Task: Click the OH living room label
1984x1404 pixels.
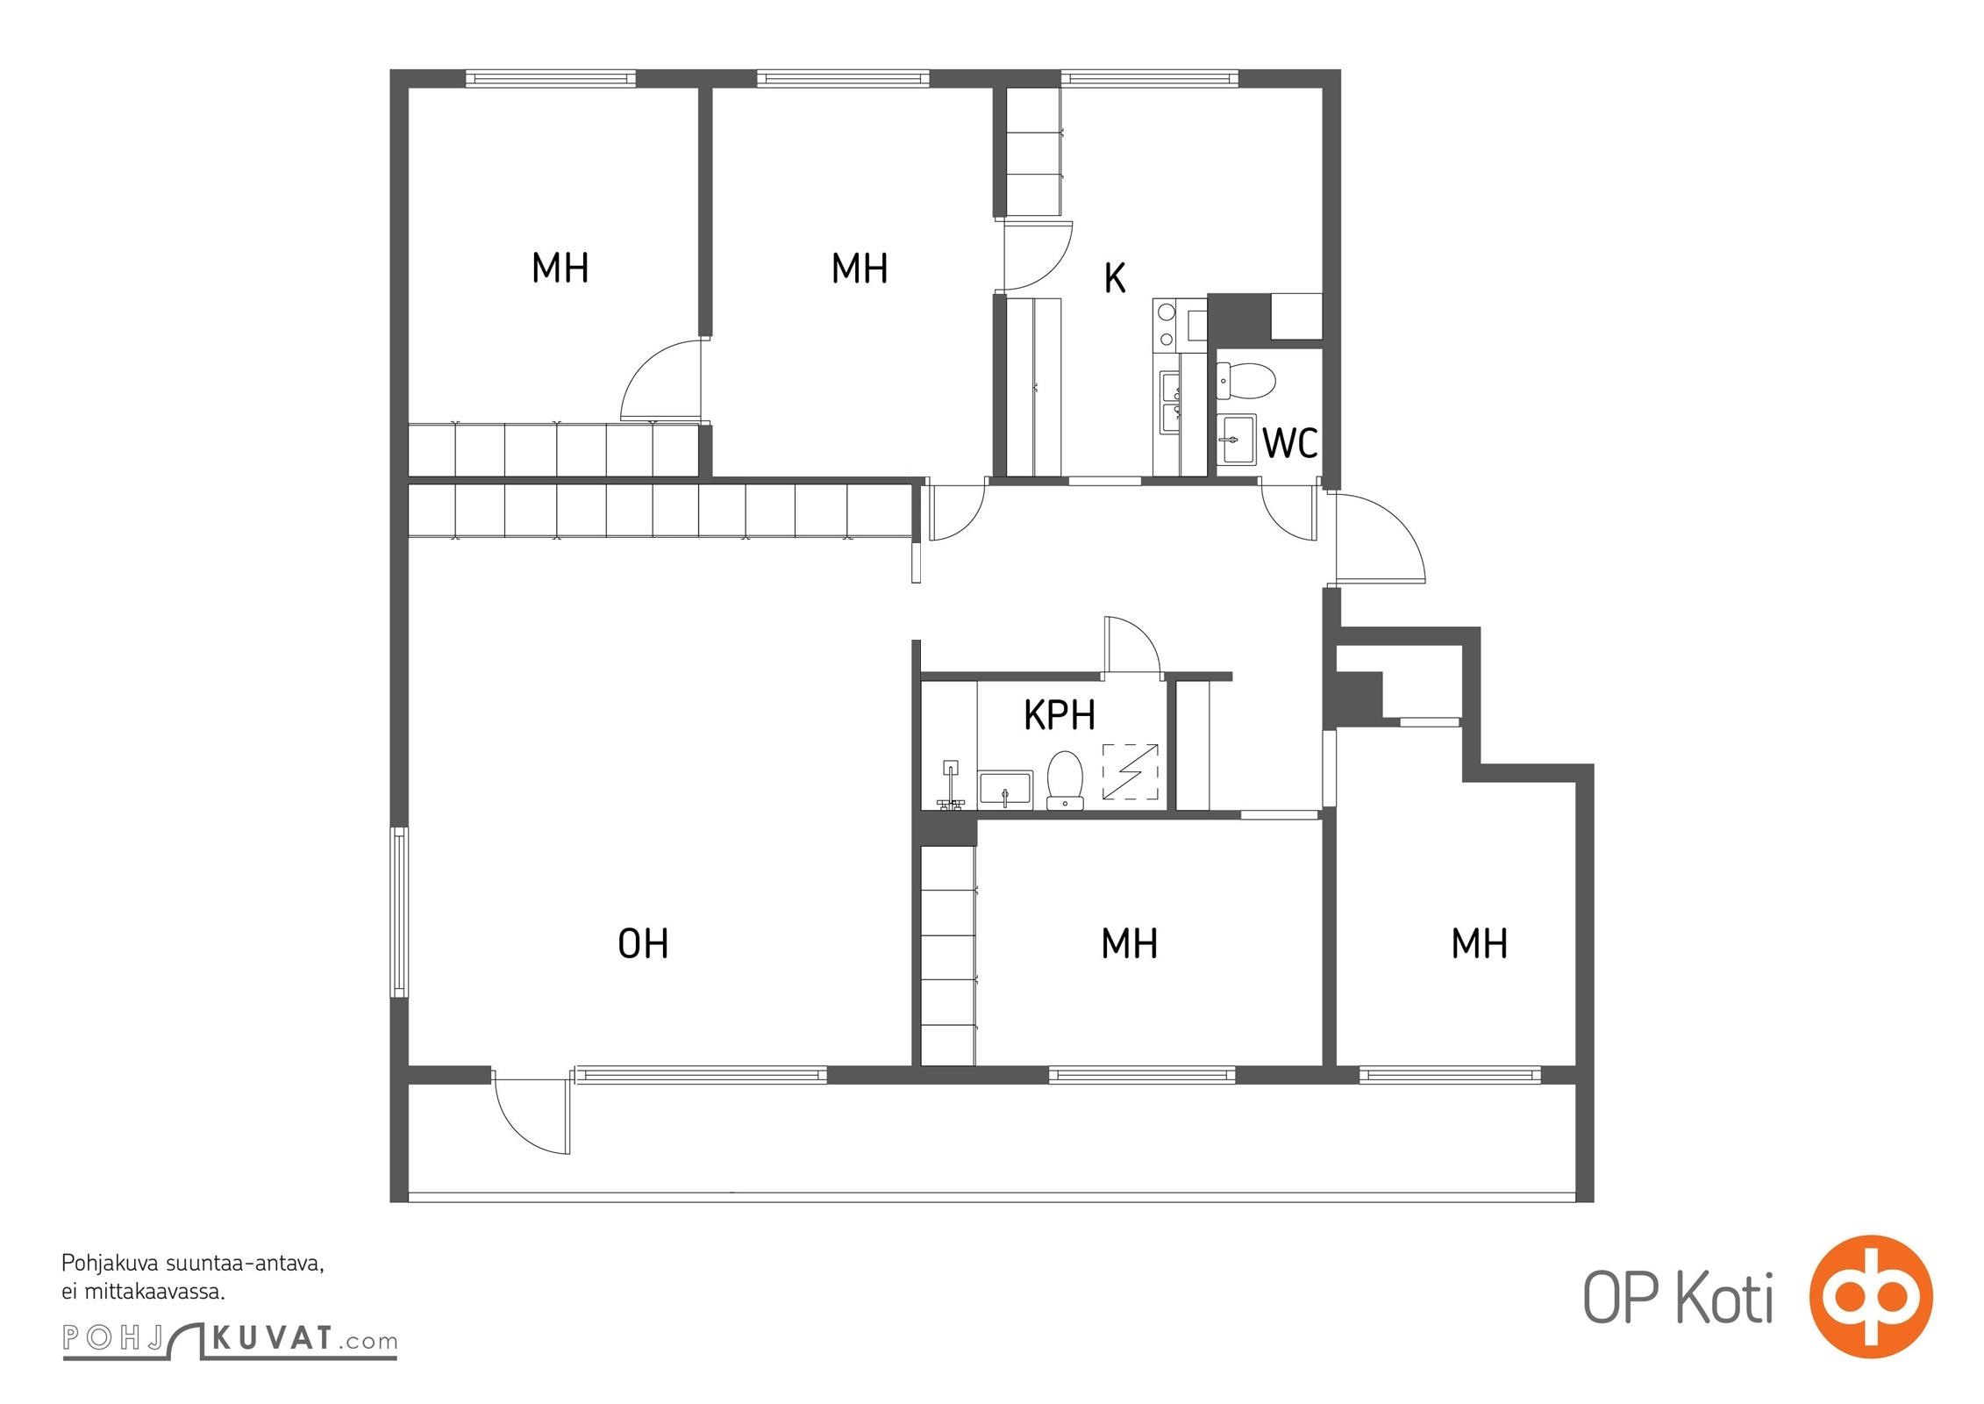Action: click(643, 944)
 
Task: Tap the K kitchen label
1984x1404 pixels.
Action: click(1114, 278)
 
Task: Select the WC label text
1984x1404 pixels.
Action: click(1289, 444)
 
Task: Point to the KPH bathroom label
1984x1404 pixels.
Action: click(1060, 715)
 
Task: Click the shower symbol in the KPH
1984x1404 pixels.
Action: click(1130, 771)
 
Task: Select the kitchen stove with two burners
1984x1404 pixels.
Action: click(1167, 325)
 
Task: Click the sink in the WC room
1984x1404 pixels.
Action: click(1237, 439)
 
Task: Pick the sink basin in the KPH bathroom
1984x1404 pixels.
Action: click(1005, 790)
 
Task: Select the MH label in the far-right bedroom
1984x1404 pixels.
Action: click(1479, 944)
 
